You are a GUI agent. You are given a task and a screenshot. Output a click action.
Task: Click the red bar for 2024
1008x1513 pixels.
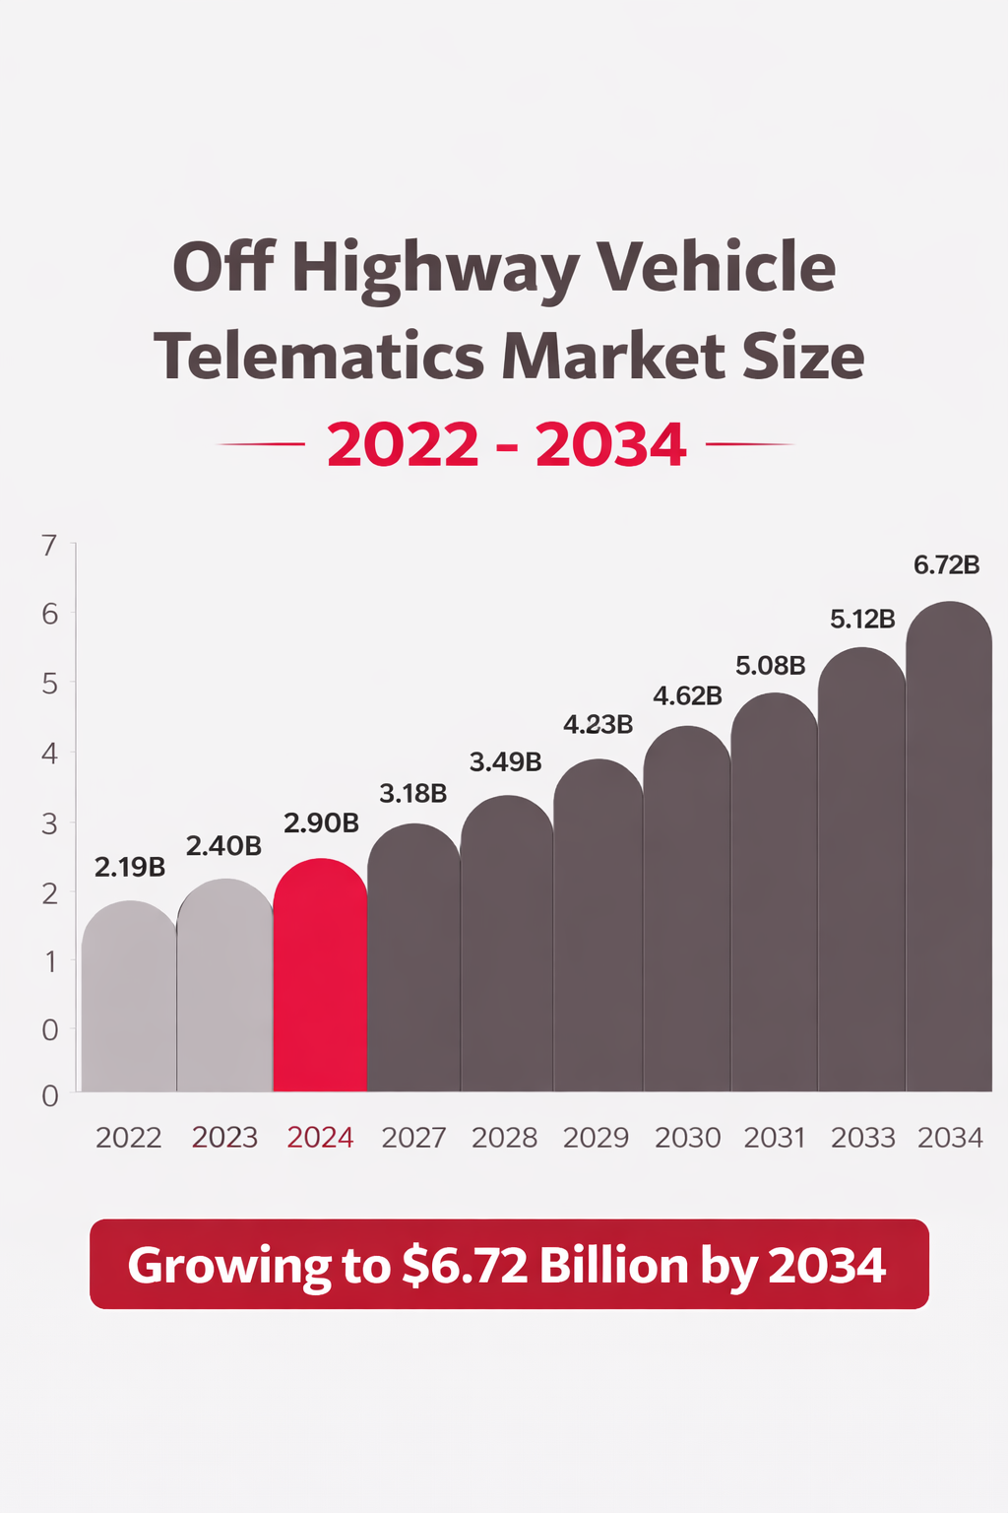tap(320, 975)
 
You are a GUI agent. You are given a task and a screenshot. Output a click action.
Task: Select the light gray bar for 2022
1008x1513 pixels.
tap(129, 995)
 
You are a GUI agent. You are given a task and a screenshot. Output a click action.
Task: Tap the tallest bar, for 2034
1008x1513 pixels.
tap(949, 847)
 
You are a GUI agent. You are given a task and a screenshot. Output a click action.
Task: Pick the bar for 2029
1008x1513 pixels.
tap(598, 926)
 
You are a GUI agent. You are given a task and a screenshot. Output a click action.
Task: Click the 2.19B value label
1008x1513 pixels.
tap(130, 868)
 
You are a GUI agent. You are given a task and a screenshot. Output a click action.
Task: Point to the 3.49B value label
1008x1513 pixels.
tap(505, 761)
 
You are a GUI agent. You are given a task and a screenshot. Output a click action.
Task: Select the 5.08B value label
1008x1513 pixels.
tap(771, 666)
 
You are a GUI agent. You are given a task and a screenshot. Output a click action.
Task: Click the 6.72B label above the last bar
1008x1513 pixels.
tap(947, 565)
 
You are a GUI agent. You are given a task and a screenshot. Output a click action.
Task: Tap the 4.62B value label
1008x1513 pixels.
tap(687, 696)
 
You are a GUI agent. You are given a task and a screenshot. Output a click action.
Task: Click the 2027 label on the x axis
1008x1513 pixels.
tap(413, 1138)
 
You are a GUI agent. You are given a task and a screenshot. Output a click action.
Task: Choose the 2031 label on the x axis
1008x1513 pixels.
tap(775, 1138)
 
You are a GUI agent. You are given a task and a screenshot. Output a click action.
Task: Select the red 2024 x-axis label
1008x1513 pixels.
tap(320, 1138)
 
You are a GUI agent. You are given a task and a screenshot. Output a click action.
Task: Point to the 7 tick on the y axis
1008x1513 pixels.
tap(49, 545)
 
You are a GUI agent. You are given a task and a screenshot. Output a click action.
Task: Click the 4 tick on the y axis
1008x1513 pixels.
tap(49, 754)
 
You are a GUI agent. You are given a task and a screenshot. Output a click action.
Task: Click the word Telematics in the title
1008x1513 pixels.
tap(318, 357)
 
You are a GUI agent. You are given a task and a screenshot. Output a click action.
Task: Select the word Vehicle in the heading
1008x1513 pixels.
tap(717, 268)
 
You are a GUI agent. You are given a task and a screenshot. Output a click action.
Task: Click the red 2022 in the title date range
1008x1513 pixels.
tap(403, 445)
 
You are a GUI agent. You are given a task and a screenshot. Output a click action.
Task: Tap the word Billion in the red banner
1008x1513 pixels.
tap(613, 1266)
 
